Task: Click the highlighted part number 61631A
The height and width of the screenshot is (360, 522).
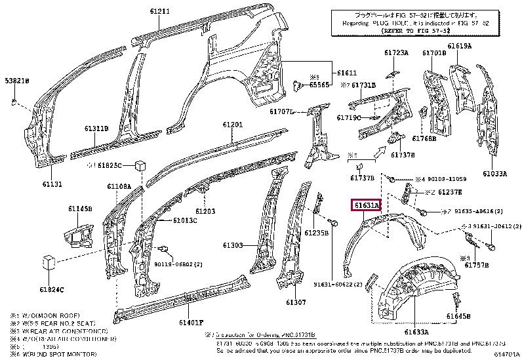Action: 367,206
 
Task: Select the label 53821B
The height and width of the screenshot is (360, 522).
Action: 17,80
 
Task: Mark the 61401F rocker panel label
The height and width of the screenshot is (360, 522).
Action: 191,323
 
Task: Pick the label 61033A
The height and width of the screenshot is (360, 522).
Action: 495,174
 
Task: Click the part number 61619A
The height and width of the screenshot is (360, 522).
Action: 460,46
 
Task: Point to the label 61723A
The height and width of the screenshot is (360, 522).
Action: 396,52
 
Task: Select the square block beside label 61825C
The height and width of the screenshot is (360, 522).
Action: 140,165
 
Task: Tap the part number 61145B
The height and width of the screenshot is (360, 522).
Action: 80,209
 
